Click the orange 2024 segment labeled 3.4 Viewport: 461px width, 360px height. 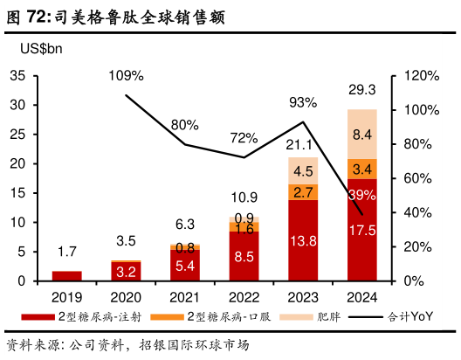tap(361, 169)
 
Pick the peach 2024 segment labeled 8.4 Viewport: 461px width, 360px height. tap(361, 134)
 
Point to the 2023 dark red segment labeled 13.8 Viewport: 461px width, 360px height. tap(303, 239)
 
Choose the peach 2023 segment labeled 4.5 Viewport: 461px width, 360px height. tap(303, 170)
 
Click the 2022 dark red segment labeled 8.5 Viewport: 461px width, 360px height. tap(244, 256)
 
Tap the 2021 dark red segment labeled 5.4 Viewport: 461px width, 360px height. tap(185, 265)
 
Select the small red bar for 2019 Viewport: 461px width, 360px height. tap(67, 276)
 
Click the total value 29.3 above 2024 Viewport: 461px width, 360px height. tap(361, 90)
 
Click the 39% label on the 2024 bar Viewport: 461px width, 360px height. tap(361, 194)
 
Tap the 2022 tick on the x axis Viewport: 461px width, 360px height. tap(244, 297)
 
